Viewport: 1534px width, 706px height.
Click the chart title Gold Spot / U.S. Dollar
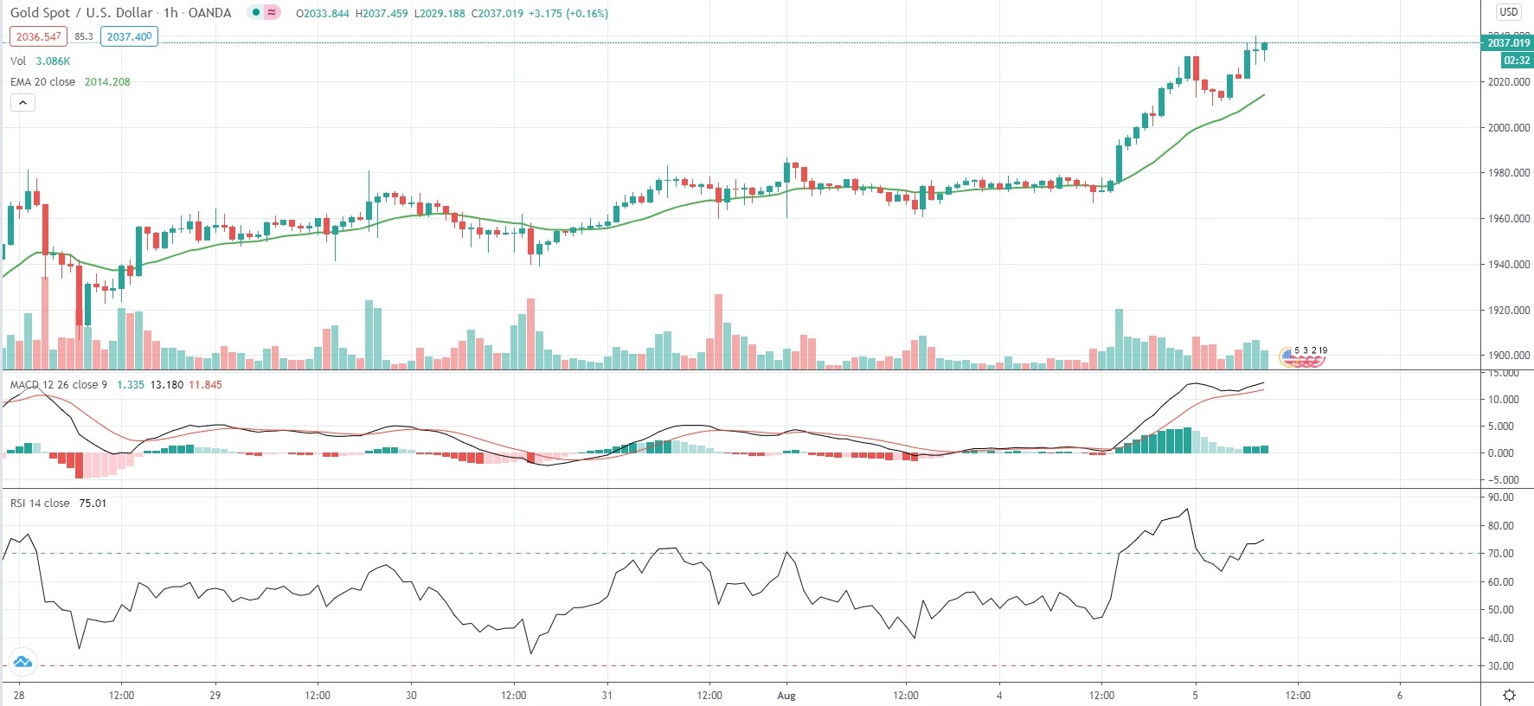(x=81, y=13)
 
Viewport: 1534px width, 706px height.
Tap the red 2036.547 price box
(x=38, y=36)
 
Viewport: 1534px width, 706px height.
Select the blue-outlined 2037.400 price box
(x=129, y=36)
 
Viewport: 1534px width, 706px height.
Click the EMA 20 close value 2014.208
(x=107, y=81)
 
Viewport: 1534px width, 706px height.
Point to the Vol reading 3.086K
(x=53, y=61)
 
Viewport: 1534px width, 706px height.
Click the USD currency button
(x=1509, y=12)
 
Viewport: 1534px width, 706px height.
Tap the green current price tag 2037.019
(x=1508, y=42)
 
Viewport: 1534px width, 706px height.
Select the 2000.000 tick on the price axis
(x=1509, y=127)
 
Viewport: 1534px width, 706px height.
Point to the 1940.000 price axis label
(x=1509, y=264)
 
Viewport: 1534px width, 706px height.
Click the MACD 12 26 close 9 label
(x=58, y=384)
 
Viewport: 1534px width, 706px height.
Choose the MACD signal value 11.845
(x=205, y=384)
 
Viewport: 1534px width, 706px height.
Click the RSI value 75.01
(x=93, y=503)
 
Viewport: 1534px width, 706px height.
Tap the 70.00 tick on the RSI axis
(x=1501, y=553)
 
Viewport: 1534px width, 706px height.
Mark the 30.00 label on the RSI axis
(x=1501, y=665)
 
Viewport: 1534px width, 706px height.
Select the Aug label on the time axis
(x=786, y=695)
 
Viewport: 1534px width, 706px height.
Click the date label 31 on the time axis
(x=607, y=695)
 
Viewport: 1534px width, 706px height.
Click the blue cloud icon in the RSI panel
(x=22, y=663)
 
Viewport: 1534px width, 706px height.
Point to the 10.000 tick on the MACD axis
(x=1504, y=399)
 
